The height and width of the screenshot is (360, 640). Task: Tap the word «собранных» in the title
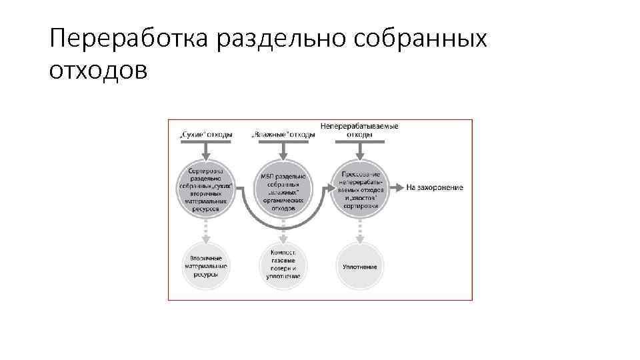point(422,40)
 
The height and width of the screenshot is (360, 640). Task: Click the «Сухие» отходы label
point(206,135)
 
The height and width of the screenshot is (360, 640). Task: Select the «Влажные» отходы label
point(283,135)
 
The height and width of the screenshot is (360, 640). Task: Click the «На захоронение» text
point(435,187)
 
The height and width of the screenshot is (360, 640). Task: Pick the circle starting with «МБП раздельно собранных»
point(283,187)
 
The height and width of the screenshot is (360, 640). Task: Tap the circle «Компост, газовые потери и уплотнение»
point(283,266)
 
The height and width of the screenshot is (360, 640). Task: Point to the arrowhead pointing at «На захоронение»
point(399,187)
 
